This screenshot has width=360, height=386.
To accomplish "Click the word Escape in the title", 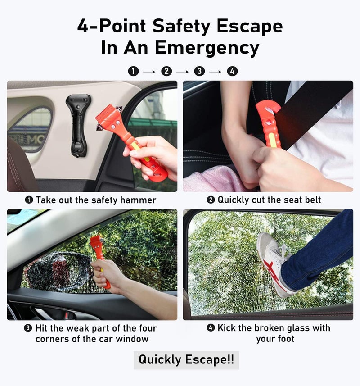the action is [x=250, y=27].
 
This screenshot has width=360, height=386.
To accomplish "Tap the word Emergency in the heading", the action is [x=207, y=47].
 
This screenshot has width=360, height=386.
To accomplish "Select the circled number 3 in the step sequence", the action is [x=199, y=72].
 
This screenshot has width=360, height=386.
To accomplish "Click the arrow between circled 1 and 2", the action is [x=149, y=72].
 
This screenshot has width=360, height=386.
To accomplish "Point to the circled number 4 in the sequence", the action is [x=232, y=72].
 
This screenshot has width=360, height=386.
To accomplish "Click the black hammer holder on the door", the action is [x=78, y=126].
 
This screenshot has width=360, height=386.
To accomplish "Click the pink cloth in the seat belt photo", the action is [x=211, y=178].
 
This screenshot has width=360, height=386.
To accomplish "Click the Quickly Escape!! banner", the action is [x=186, y=360].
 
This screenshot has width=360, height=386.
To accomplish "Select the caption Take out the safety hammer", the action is [x=91, y=200].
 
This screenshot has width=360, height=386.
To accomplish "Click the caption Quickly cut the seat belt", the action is [x=264, y=200].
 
